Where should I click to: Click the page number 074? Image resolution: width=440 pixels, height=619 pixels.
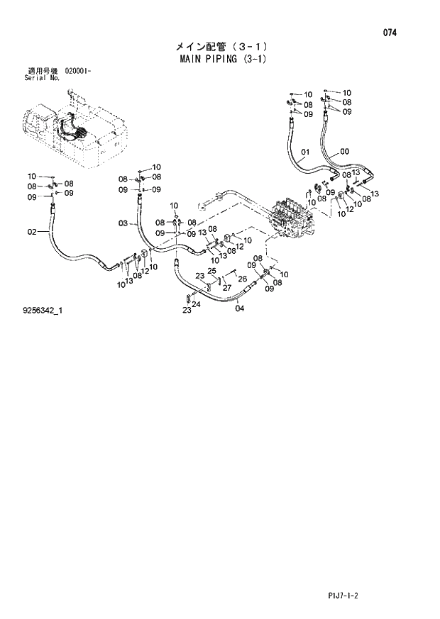click(x=390, y=33)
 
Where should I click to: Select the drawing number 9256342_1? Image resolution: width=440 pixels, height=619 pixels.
click(x=43, y=310)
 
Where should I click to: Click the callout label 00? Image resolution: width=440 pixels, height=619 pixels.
click(x=344, y=151)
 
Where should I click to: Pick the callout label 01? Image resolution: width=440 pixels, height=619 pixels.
click(x=305, y=152)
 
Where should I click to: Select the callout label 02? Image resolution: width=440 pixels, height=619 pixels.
click(x=32, y=231)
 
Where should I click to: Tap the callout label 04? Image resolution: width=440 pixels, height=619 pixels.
click(x=239, y=308)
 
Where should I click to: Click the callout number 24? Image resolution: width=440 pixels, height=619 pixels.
click(x=197, y=304)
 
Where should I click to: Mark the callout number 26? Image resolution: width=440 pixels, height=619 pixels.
click(x=242, y=279)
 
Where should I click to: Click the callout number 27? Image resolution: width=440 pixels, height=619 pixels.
click(x=227, y=287)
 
